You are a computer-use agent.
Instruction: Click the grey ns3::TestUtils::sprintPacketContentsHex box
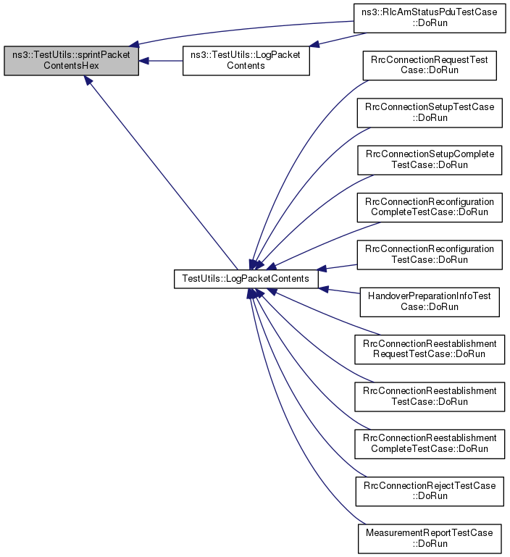coord(72,60)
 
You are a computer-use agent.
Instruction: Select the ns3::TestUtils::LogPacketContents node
coord(246,60)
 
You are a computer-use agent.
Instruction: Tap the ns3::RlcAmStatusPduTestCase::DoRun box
coord(430,18)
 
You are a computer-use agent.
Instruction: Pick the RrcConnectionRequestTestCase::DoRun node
coord(430,65)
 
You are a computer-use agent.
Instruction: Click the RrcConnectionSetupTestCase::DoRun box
coord(430,112)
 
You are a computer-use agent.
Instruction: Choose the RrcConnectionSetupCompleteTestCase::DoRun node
coord(430,160)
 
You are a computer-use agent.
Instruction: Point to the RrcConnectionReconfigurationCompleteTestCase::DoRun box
coord(430,207)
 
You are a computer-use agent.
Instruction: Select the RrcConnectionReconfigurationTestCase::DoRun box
coord(430,255)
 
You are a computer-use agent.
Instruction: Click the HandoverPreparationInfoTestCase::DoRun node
coord(430,302)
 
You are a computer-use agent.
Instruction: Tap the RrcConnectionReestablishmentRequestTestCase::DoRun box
coord(430,349)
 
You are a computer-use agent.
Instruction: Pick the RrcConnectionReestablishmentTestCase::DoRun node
coord(430,396)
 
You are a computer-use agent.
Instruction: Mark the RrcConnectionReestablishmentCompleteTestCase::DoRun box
coord(430,444)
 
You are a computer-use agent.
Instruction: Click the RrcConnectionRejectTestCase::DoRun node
coord(430,491)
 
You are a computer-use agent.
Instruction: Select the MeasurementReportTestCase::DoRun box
coord(430,538)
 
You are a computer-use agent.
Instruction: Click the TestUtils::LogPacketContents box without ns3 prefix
coord(246,278)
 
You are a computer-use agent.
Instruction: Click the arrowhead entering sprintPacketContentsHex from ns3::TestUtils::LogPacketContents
coord(143,61)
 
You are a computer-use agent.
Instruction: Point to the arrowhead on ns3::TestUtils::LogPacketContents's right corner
coord(314,43)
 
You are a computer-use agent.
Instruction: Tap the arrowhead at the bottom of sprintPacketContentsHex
coord(88,80)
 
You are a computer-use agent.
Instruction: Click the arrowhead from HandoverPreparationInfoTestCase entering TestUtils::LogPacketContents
coord(323,289)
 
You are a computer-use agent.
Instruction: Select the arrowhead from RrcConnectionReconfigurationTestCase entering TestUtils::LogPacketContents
coord(321,268)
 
